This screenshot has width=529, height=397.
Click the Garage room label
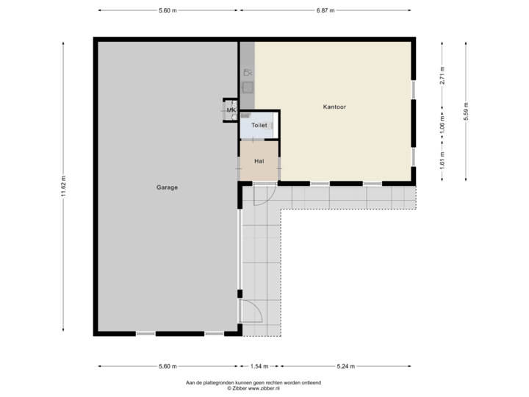(x=167, y=187)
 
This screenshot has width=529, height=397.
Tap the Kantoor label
(x=334, y=107)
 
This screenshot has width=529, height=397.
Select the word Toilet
(x=259, y=126)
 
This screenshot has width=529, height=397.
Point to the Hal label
(x=259, y=160)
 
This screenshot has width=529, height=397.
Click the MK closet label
(x=231, y=110)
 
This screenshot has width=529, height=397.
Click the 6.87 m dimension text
(x=325, y=11)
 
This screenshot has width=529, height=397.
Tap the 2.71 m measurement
(x=442, y=76)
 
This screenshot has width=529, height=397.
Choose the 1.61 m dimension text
(x=442, y=162)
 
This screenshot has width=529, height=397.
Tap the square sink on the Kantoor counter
(x=248, y=87)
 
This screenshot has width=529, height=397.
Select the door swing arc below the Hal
(x=264, y=195)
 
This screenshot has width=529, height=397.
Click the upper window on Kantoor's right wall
(x=414, y=89)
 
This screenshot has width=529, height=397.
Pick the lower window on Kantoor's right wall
(x=414, y=157)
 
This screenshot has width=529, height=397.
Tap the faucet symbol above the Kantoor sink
(x=248, y=73)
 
